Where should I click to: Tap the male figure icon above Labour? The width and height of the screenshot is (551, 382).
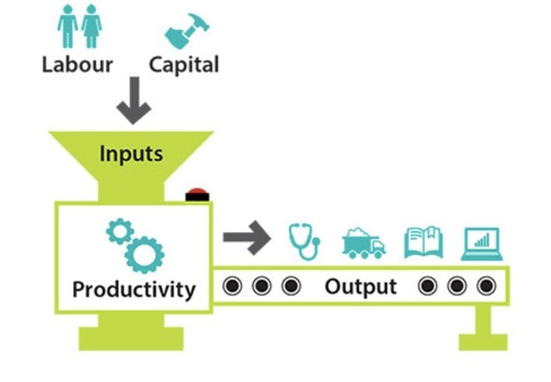(68, 26)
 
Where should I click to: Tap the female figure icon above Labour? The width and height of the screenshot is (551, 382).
(91, 26)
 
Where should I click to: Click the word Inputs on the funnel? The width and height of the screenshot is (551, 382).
(131, 154)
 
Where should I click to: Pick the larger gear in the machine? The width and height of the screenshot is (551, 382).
(144, 254)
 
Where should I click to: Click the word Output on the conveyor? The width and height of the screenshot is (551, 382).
(361, 287)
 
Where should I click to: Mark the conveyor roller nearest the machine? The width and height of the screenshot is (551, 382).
(232, 286)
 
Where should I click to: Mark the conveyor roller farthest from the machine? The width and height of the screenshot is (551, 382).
(486, 286)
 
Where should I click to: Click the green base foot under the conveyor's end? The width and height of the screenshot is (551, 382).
(483, 342)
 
